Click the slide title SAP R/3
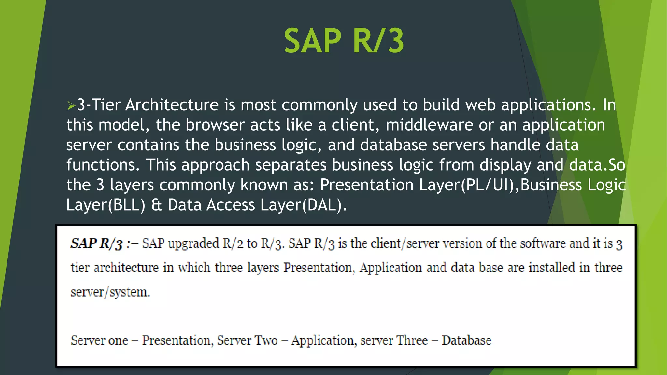tap(344, 41)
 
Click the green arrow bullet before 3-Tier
tap(71, 105)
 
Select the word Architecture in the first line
tap(172, 105)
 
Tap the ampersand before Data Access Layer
tap(157, 205)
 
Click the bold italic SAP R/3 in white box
tap(97, 244)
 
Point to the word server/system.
tap(110, 292)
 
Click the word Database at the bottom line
tap(466, 340)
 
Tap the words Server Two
tap(247, 340)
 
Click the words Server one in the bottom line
tap(99, 340)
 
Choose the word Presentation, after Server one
tap(178, 340)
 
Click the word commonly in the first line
tap(319, 105)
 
